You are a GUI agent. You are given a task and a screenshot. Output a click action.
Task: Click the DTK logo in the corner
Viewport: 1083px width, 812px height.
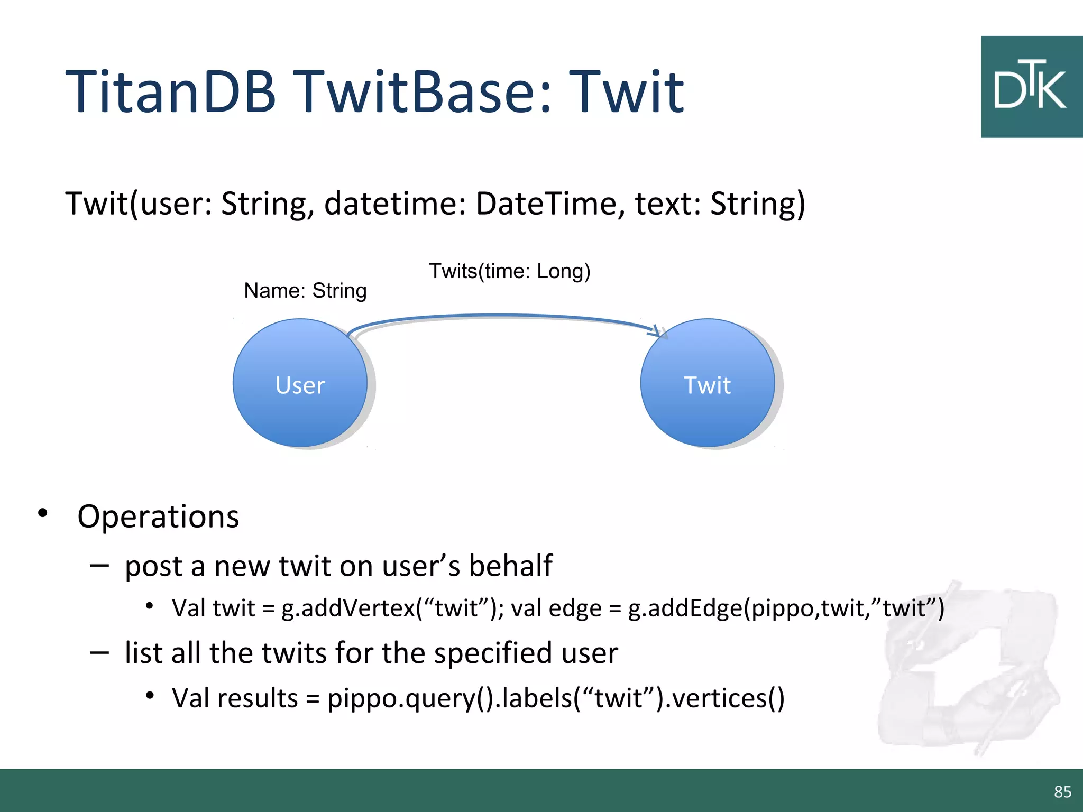click(1031, 87)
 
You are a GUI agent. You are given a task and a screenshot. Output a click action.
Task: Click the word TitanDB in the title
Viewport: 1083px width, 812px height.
click(170, 93)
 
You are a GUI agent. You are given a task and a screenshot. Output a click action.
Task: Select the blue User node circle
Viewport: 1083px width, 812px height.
click(300, 383)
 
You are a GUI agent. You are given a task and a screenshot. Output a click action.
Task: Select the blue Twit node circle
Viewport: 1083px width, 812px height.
click(707, 383)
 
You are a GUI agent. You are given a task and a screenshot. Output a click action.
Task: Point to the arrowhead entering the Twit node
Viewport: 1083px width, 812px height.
click(658, 331)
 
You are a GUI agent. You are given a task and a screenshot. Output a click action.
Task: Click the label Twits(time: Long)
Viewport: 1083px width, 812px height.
click(509, 271)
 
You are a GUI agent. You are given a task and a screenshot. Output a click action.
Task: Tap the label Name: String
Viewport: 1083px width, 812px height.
click(305, 291)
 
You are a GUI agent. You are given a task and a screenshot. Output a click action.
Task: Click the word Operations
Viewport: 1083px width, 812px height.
click(158, 516)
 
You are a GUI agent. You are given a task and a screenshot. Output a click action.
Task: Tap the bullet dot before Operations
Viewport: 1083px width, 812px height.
click(43, 513)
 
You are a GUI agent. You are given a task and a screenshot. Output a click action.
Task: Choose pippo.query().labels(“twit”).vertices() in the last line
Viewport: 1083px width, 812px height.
click(556, 698)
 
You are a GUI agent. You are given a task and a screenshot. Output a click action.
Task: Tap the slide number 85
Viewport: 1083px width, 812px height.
click(1062, 791)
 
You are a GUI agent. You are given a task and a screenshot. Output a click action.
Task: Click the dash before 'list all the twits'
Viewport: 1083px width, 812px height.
click(99, 653)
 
